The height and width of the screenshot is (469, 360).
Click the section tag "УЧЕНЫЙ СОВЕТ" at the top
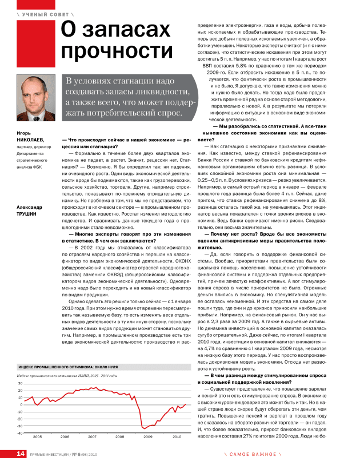(41, 13)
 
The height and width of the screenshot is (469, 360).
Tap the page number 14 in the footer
(20, 454)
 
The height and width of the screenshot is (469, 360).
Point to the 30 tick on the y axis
(20, 383)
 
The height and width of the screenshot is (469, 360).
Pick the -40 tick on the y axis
(19, 433)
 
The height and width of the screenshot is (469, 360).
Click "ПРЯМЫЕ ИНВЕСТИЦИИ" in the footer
(49, 455)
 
